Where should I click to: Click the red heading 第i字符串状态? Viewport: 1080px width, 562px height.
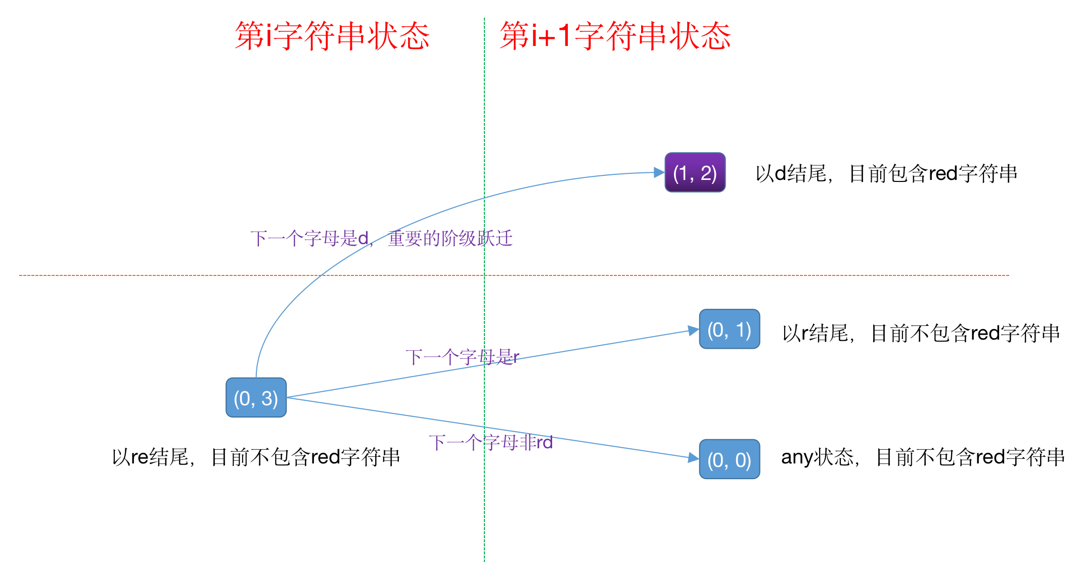(332, 36)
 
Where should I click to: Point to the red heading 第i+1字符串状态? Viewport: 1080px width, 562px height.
(615, 36)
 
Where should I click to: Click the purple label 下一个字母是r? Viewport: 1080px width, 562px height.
(462, 357)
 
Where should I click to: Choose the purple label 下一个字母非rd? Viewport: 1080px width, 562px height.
(490, 443)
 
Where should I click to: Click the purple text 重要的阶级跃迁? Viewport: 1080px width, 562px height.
(450, 239)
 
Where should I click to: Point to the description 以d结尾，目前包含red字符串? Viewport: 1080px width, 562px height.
(886, 174)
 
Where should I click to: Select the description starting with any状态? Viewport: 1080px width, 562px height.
(923, 457)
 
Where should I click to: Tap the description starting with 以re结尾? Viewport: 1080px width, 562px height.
(256, 457)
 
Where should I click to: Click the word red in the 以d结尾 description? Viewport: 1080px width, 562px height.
(943, 174)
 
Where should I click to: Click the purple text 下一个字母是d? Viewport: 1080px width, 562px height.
(309, 239)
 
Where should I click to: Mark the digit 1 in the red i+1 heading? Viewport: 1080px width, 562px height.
(564, 36)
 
